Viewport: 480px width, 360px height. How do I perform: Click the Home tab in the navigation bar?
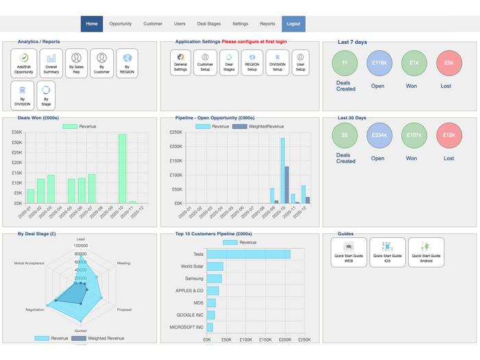[92, 24]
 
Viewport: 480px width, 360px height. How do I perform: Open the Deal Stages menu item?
[208, 24]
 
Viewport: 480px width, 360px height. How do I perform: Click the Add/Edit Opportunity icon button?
[24, 63]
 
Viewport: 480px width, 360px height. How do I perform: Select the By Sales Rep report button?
[76, 63]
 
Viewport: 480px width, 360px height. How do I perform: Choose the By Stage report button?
[46, 95]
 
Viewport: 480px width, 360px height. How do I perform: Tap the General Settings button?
[180, 62]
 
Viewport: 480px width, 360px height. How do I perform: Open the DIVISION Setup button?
[277, 62]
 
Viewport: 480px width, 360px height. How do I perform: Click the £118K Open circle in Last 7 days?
[379, 63]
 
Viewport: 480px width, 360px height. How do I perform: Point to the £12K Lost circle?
[448, 135]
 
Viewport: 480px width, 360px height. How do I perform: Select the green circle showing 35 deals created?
[345, 135]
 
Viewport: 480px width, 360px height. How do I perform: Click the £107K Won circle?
[413, 135]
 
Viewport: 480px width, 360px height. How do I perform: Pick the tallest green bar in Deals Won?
[122, 169]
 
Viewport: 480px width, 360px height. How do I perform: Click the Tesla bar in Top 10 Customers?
[248, 254]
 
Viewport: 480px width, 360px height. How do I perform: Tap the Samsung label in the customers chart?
[193, 279]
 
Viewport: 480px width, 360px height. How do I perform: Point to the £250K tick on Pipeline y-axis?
[176, 132]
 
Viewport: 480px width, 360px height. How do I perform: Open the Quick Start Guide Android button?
[426, 252]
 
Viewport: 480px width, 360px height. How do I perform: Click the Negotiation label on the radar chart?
[35, 310]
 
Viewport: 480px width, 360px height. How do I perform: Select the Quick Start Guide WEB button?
[348, 252]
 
